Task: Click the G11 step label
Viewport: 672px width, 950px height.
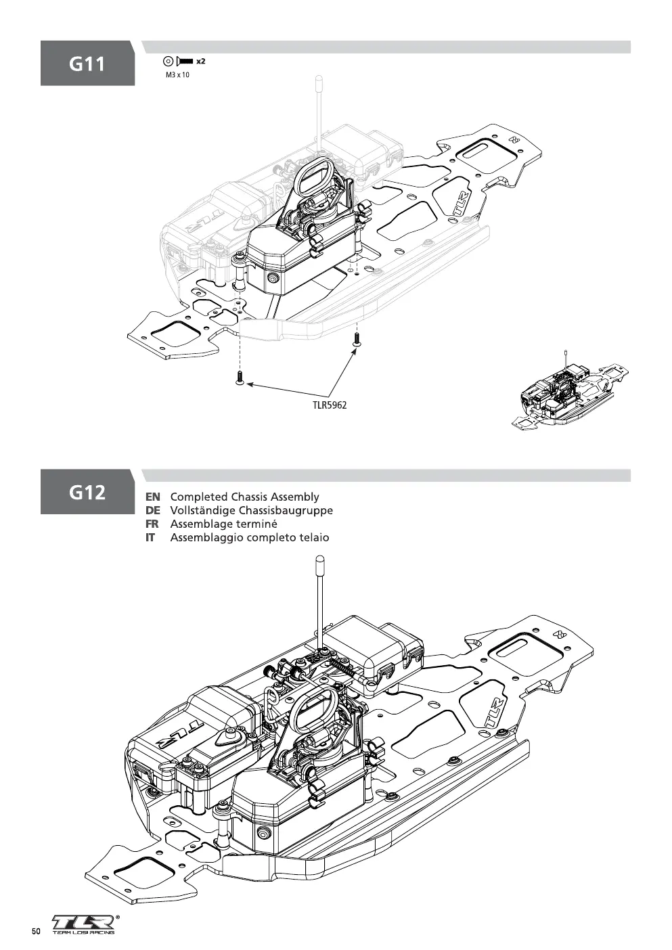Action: coord(87,64)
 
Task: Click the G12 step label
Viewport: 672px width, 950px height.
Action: coord(87,493)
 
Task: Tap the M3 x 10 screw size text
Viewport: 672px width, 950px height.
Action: coord(177,75)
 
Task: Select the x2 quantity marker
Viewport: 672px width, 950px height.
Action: coord(201,61)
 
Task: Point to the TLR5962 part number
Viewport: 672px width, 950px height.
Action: coord(330,405)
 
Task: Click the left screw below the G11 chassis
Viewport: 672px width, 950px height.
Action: coord(239,377)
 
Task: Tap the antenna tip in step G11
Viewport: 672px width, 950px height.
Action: coord(318,79)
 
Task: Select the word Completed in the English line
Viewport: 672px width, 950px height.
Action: coord(200,497)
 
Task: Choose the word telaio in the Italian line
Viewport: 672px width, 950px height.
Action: coord(315,537)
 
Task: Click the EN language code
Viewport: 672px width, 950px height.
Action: coord(153,497)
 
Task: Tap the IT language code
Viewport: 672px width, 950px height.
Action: coord(150,537)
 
